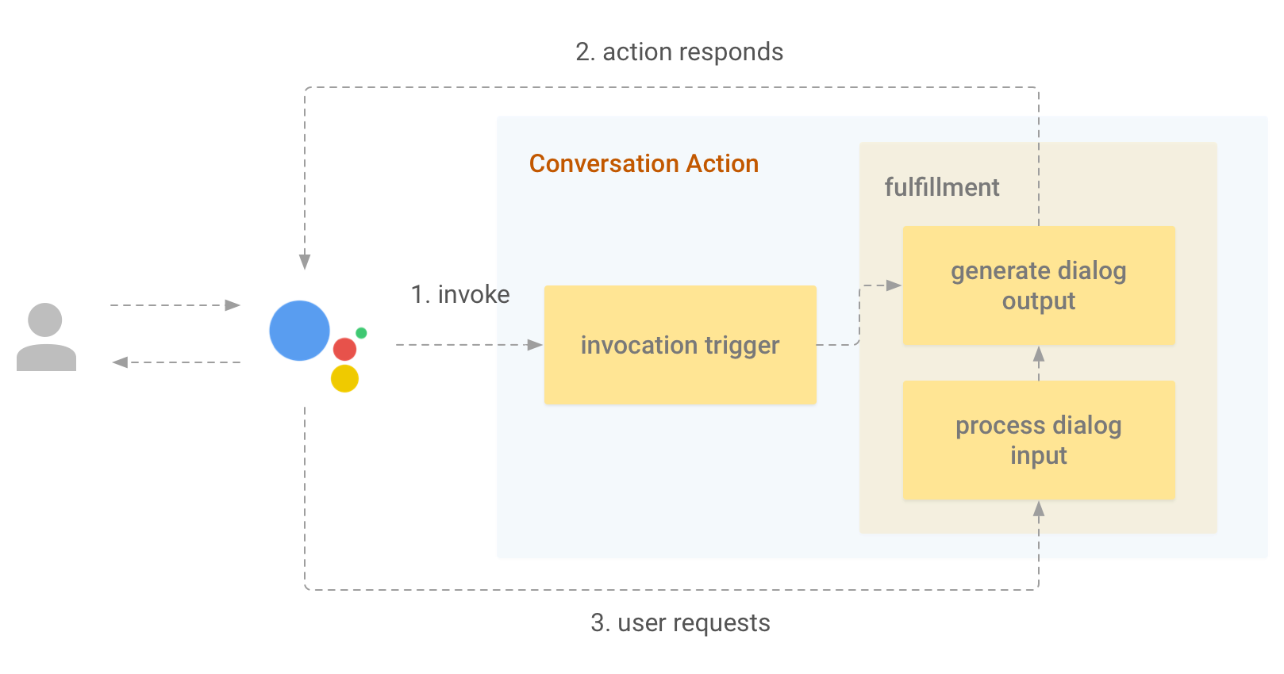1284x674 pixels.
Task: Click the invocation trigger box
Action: tap(680, 345)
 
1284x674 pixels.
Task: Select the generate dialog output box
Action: tap(1039, 285)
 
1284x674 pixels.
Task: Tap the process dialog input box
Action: tap(1039, 440)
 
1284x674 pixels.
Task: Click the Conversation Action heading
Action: tap(644, 163)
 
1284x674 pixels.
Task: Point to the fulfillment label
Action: tap(942, 187)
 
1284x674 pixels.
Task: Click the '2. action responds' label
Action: tap(679, 52)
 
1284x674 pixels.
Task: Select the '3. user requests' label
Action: tap(680, 622)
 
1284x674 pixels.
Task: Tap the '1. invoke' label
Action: tap(460, 294)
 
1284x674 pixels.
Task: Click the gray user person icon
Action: tap(46, 337)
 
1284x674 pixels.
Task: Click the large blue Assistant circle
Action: tap(299, 331)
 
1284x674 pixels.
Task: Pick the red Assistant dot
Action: tap(344, 349)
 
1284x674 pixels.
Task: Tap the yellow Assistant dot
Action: tap(344, 378)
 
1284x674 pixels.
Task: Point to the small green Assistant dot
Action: tap(361, 333)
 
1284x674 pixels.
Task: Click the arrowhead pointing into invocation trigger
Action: tap(535, 345)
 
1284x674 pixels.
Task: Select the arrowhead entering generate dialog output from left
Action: tap(894, 285)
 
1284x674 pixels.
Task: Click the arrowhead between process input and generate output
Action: tap(1039, 354)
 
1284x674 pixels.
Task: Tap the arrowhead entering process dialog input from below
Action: tap(1039, 509)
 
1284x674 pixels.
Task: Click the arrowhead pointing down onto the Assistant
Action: tap(305, 262)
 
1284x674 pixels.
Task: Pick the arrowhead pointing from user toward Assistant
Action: tap(233, 305)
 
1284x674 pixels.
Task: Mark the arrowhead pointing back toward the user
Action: tap(120, 362)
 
